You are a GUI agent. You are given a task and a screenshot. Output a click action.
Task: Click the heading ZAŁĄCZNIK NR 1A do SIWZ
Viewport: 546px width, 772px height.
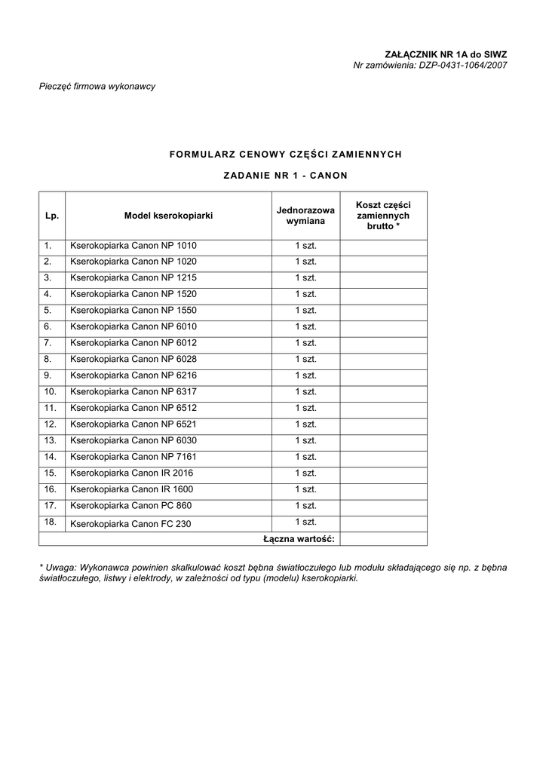point(446,54)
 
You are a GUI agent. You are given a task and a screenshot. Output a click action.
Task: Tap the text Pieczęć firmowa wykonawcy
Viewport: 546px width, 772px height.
point(97,86)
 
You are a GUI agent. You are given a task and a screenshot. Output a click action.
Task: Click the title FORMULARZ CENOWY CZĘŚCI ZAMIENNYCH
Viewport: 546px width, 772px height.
point(286,154)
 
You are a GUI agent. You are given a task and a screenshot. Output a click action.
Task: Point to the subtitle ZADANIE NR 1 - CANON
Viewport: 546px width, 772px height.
point(286,176)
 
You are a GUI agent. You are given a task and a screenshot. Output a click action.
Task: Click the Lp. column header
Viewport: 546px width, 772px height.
point(52,216)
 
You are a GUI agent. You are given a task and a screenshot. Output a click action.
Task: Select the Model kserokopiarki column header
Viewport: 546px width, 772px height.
point(168,216)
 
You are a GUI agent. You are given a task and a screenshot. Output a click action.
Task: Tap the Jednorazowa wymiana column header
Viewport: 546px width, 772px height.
point(305,216)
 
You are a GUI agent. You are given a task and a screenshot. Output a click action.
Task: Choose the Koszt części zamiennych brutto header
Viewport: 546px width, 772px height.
point(383,216)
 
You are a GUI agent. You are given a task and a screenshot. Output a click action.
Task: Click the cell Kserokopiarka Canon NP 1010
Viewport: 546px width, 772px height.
point(133,246)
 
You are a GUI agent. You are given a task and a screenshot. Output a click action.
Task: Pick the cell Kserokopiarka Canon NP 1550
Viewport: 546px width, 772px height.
point(133,310)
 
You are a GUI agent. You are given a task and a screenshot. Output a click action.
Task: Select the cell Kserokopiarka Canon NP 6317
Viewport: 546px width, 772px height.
point(133,391)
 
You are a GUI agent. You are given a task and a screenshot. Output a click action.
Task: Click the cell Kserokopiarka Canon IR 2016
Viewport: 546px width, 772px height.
point(131,473)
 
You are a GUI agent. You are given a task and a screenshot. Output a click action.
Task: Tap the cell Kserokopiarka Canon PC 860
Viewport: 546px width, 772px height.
point(130,505)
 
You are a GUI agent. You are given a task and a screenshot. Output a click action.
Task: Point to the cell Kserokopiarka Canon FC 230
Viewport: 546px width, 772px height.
point(130,523)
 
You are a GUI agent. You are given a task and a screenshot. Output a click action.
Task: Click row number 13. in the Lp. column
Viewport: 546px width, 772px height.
point(51,440)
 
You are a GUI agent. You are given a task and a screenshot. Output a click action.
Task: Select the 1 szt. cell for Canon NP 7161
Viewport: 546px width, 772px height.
point(305,457)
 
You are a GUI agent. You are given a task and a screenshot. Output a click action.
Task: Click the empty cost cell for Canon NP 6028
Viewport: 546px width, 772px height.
point(383,359)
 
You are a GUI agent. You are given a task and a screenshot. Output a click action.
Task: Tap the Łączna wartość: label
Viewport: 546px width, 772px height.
point(299,538)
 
